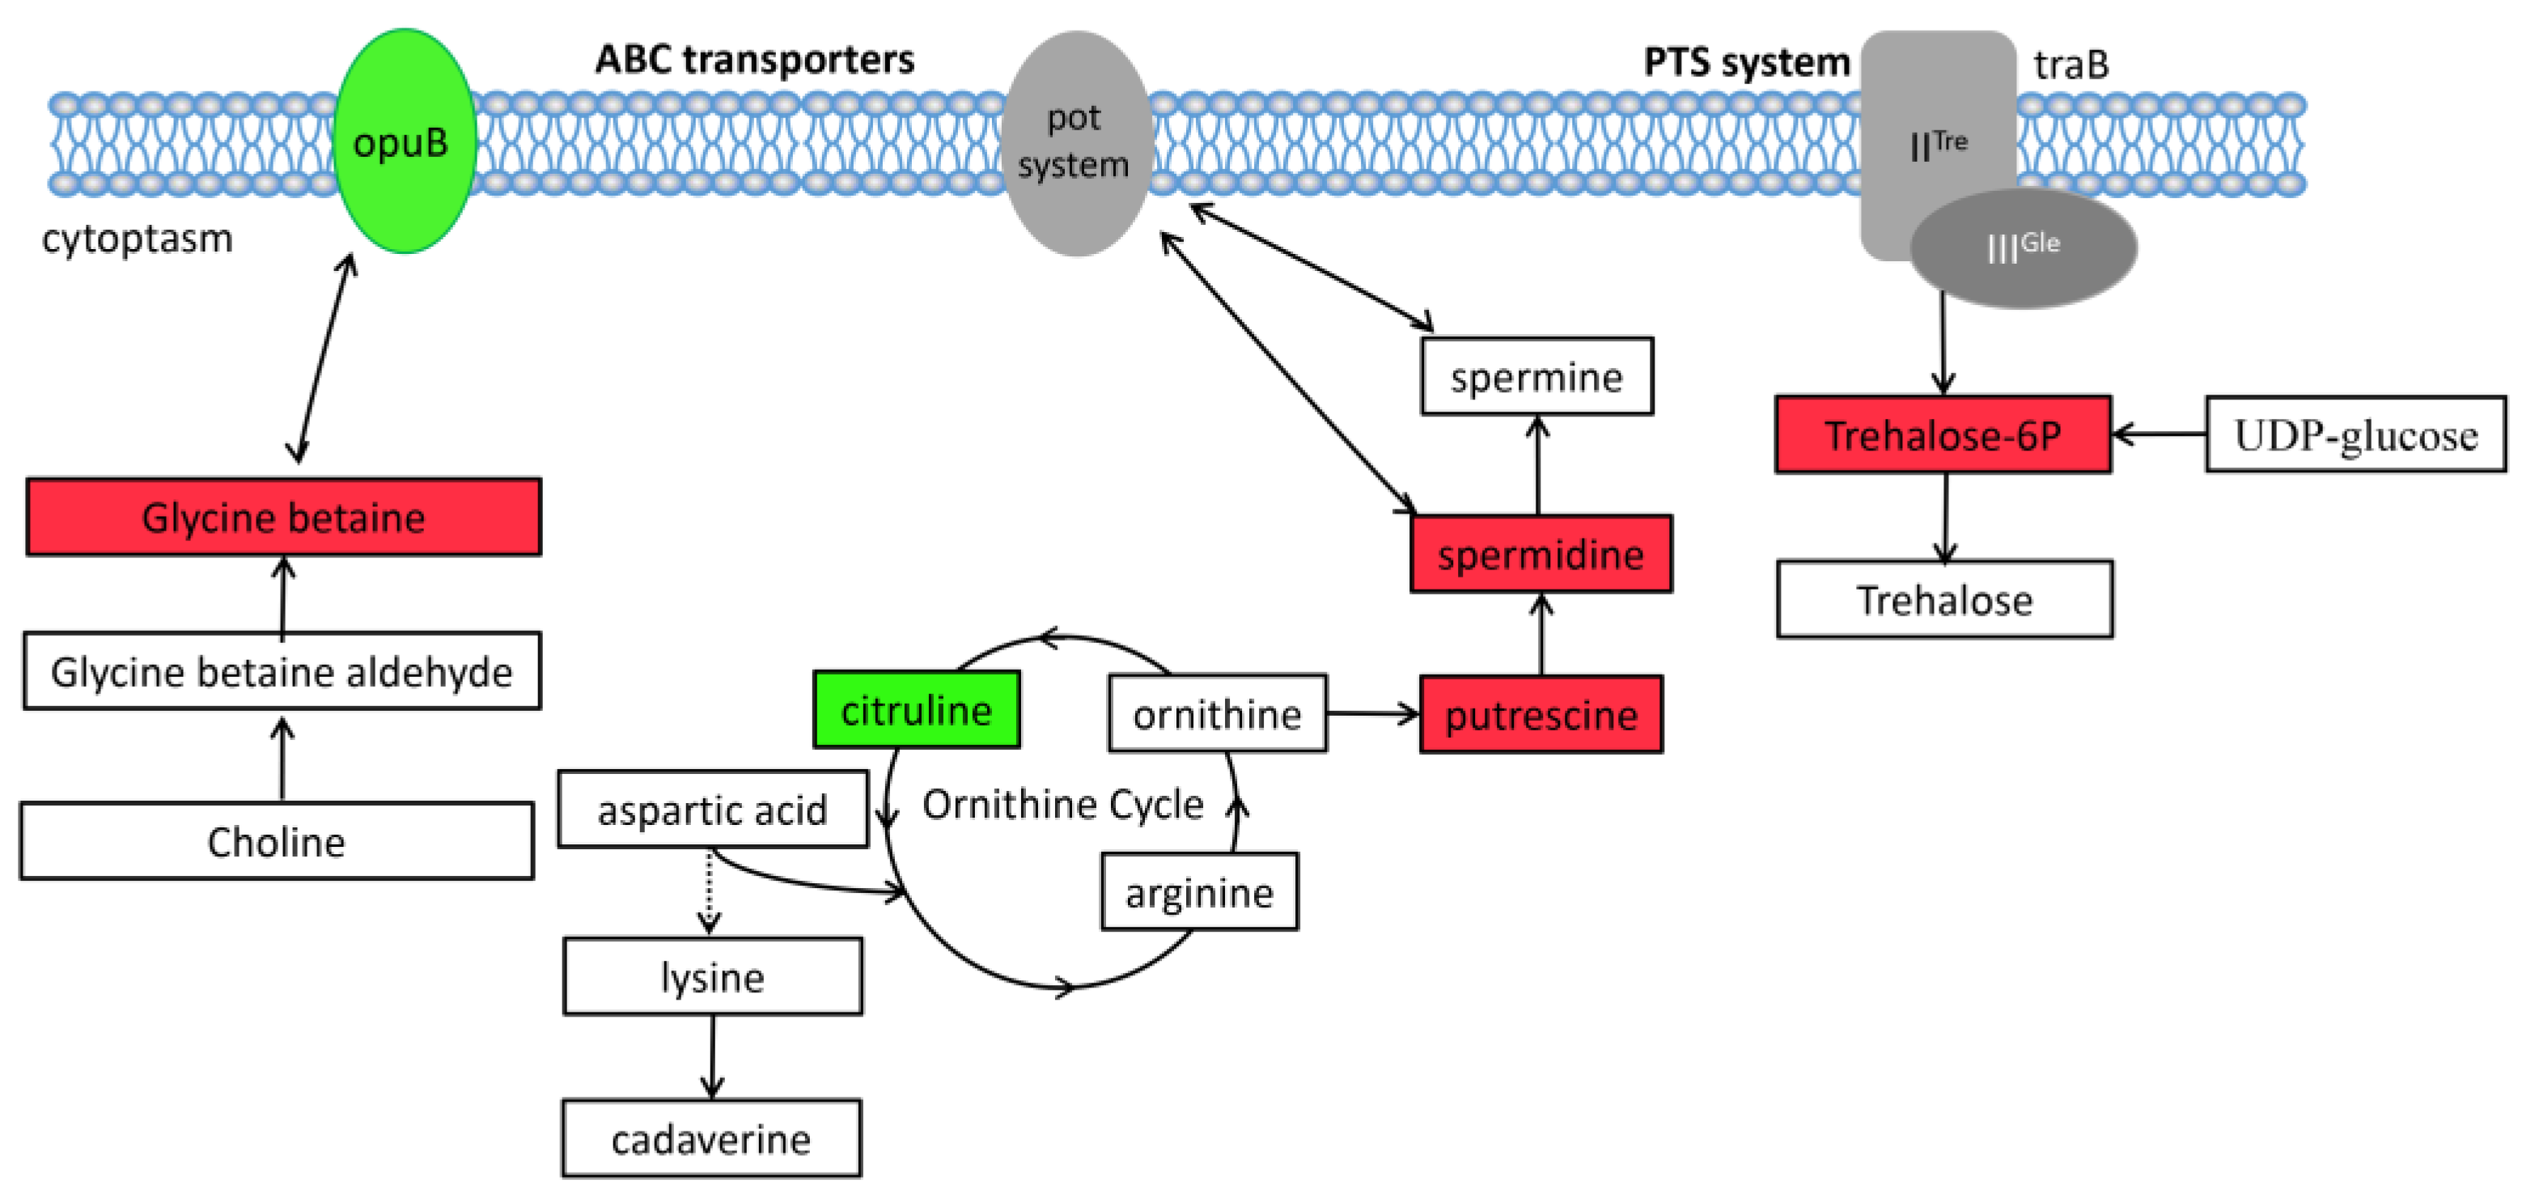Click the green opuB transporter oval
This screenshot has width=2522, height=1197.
click(x=405, y=142)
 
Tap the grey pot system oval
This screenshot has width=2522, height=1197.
click(x=1075, y=144)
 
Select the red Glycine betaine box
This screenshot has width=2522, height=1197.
click(x=283, y=517)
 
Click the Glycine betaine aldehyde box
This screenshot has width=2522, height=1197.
click(x=282, y=671)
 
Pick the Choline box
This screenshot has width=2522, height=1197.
click(x=277, y=842)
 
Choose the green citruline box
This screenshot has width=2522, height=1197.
click(x=917, y=709)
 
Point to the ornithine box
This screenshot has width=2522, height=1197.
click(x=1217, y=713)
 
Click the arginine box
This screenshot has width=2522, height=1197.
click(x=1199, y=891)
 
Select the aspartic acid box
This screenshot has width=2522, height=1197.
click(x=713, y=810)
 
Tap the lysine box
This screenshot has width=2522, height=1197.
click(x=713, y=977)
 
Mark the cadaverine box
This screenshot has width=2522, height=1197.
click(x=712, y=1138)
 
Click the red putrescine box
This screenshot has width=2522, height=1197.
click(x=1541, y=714)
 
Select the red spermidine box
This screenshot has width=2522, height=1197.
click(x=1541, y=554)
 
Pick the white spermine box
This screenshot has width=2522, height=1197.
click(x=1537, y=377)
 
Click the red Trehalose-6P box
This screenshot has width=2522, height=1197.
click(x=1943, y=434)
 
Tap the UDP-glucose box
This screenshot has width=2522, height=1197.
click(x=2355, y=434)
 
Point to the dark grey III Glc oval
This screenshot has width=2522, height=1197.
click(x=2024, y=247)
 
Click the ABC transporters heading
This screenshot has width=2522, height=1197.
click(x=755, y=60)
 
